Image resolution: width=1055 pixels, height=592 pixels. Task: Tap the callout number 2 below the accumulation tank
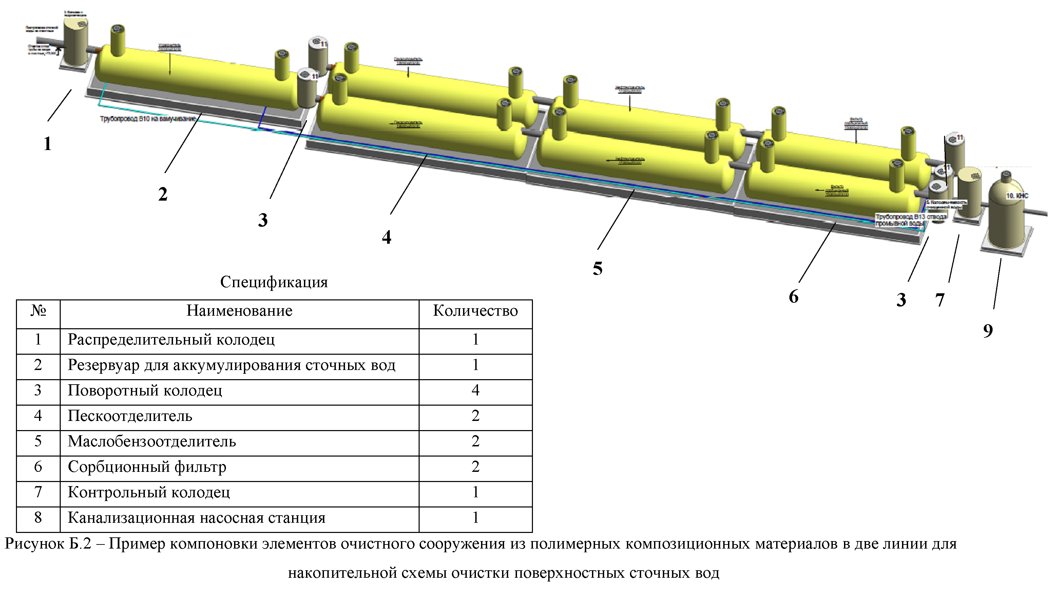(162, 194)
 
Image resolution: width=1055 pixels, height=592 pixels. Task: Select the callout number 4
(386, 237)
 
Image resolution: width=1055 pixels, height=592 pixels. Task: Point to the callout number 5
(597, 269)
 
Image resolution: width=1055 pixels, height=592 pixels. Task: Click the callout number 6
(793, 297)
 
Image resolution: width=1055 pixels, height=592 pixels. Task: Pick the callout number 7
(940, 300)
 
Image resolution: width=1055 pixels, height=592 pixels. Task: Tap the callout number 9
(988, 331)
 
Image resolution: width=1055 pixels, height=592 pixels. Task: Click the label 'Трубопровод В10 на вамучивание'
(148, 119)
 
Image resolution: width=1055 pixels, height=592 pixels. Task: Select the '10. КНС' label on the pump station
(1017, 196)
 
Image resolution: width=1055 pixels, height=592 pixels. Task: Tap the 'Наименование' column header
(239, 311)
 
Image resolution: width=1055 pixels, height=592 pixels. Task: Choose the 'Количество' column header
(475, 311)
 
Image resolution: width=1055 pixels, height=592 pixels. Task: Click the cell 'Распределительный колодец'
(171, 340)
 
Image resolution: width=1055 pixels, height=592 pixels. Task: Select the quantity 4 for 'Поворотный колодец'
(475, 390)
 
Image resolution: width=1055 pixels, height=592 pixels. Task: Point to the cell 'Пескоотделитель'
(130, 416)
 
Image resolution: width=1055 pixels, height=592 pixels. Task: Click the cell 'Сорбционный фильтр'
(147, 467)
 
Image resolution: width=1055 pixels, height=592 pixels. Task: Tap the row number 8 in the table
(38, 517)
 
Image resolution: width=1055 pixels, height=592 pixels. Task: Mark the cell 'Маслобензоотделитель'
(152, 441)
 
